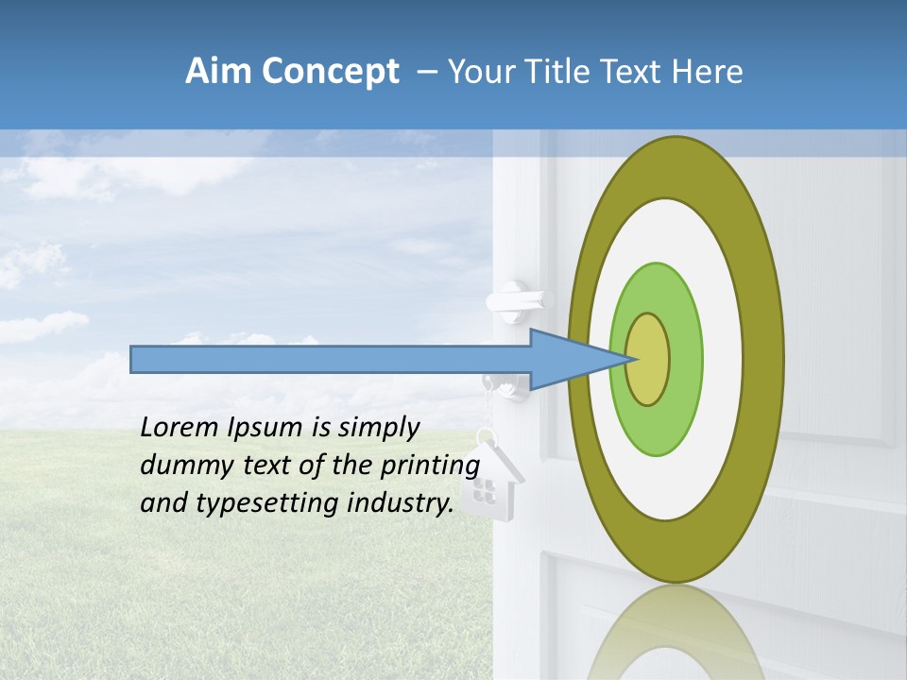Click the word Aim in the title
tap(218, 72)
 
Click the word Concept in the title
tap(330, 72)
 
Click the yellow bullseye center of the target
tap(648, 359)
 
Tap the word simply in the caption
tap(378, 429)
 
